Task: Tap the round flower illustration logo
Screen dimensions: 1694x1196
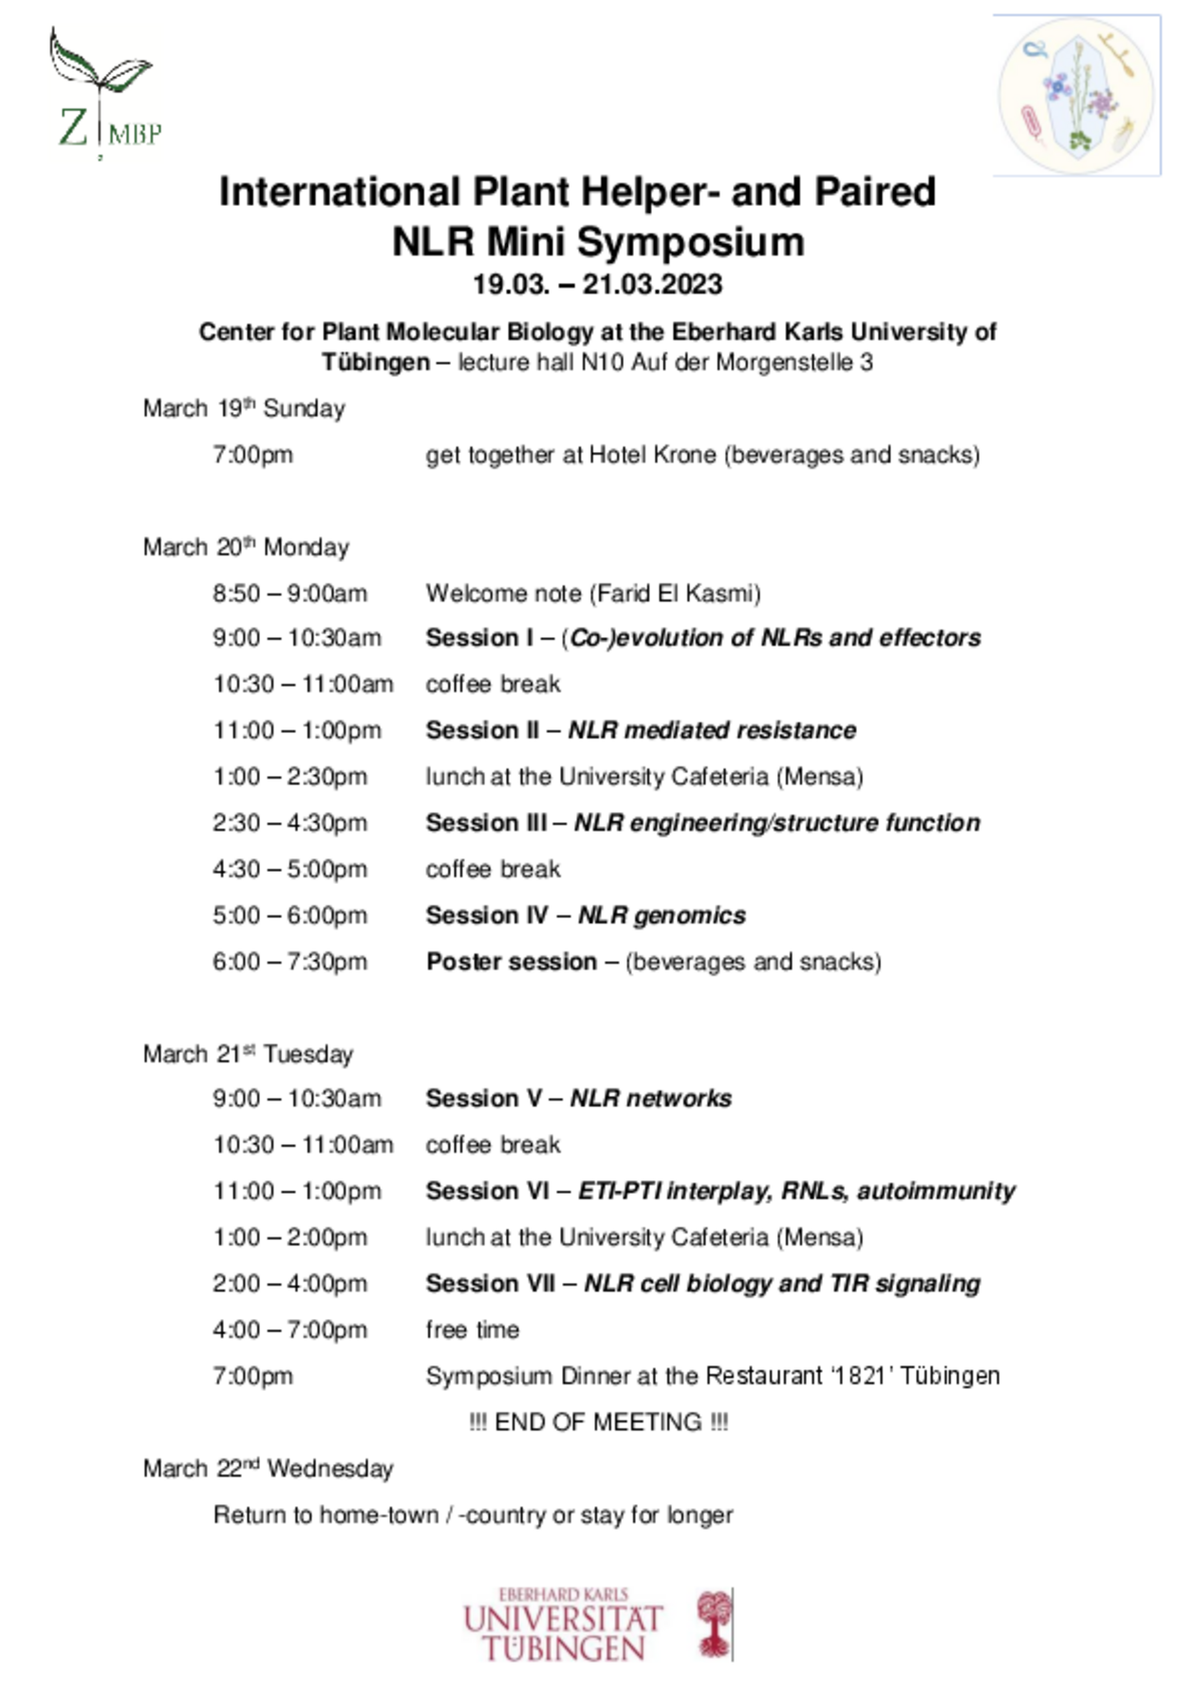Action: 1076,96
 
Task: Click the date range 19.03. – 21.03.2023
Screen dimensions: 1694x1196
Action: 597,285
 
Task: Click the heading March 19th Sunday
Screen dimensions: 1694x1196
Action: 244,408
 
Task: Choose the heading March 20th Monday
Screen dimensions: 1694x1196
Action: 246,547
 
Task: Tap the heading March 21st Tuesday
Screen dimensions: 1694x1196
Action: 248,1054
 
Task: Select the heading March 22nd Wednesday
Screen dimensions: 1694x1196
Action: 268,1468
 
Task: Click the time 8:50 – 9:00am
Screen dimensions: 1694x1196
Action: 290,593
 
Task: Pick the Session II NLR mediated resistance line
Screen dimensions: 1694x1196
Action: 641,730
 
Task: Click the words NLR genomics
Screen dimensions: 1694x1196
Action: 662,915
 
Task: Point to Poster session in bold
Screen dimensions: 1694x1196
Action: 512,962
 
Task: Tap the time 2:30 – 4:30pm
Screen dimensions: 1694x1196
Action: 290,823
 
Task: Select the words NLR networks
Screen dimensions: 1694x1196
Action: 650,1099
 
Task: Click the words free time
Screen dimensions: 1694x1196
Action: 473,1329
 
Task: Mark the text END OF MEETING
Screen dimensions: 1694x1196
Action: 598,1421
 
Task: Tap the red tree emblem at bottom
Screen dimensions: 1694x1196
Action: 714,1624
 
